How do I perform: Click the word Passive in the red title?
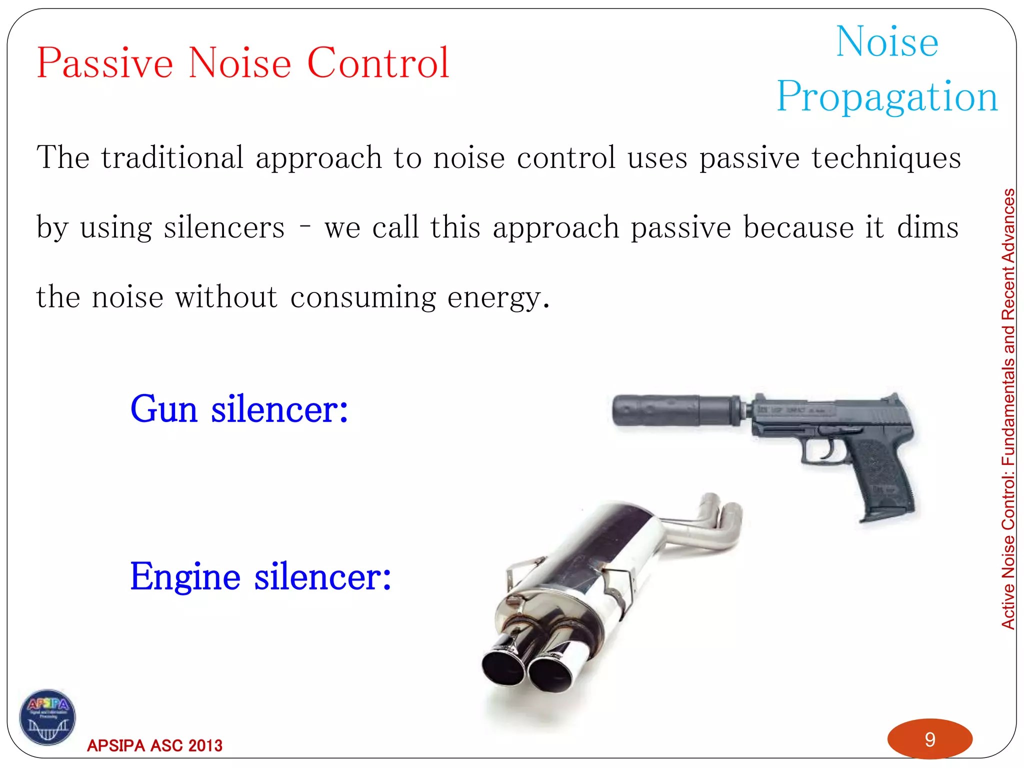[105, 63]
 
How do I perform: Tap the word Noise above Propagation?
[887, 42]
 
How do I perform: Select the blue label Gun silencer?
[239, 409]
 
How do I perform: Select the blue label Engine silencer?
[260, 577]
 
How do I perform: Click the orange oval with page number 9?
[929, 739]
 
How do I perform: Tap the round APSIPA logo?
[47, 717]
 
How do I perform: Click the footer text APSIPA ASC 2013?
[154, 745]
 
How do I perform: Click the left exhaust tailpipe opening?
[503, 667]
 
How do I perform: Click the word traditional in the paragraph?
[172, 158]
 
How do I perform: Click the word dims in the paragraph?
[927, 227]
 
